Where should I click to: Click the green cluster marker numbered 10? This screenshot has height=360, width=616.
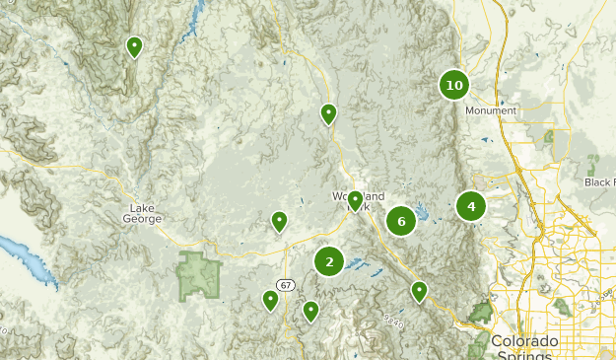click(453, 85)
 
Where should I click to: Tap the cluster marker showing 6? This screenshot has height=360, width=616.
click(401, 221)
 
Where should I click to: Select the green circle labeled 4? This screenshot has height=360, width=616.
click(471, 206)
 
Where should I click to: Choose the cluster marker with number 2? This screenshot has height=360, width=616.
click(329, 261)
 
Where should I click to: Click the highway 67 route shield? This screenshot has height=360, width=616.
click(286, 285)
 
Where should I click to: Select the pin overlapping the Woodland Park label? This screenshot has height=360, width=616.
click(356, 202)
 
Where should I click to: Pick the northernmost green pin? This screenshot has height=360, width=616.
click(134, 46)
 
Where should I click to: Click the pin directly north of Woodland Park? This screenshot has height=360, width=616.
click(328, 114)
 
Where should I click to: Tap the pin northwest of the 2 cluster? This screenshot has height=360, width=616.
click(280, 221)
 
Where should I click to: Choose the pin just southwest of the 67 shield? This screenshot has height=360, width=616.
click(270, 300)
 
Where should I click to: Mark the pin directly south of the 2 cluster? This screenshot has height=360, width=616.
click(311, 311)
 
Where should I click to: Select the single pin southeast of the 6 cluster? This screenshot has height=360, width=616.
click(419, 291)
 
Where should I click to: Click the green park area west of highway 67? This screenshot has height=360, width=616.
click(198, 275)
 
